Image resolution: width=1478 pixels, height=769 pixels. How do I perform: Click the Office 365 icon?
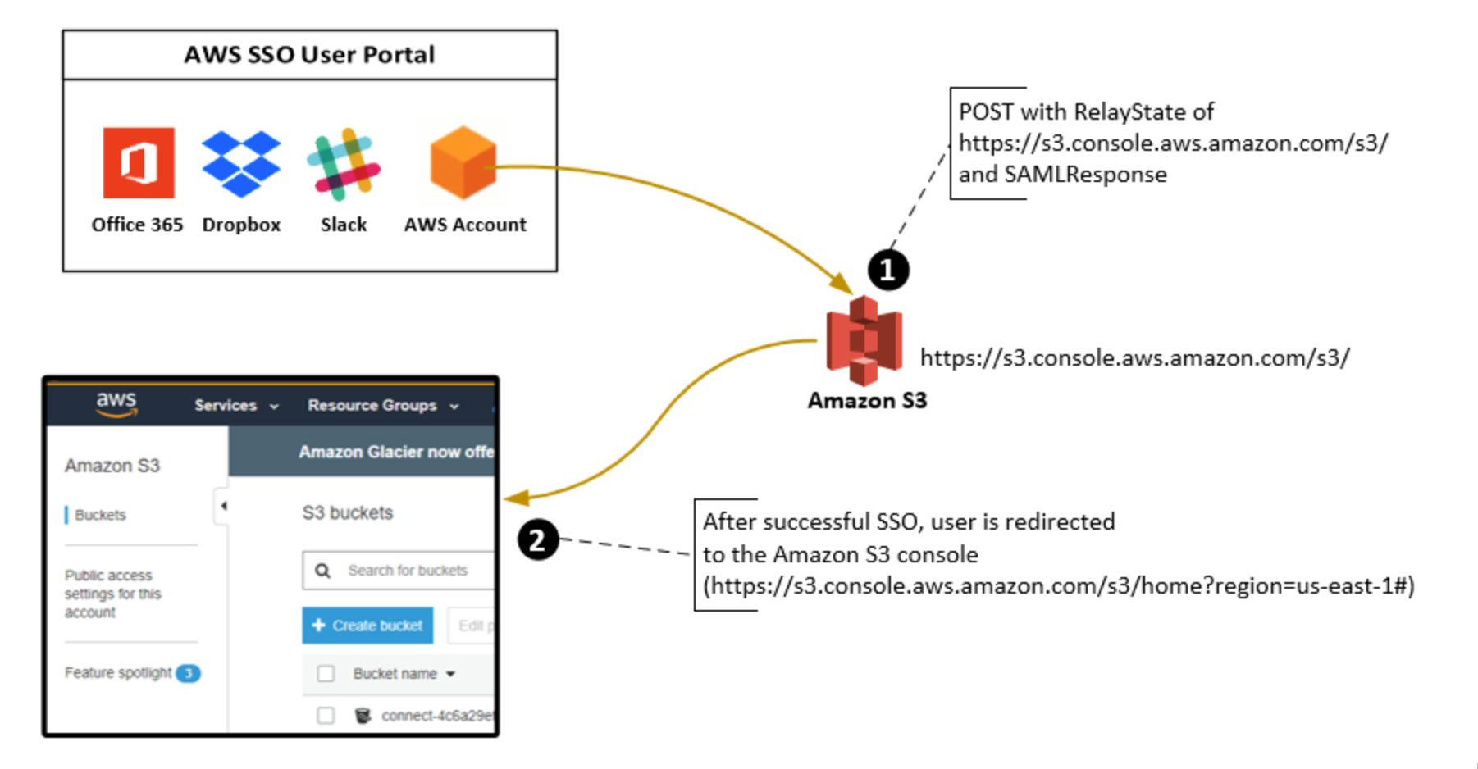138,162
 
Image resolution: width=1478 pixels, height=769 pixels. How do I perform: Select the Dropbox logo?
241,163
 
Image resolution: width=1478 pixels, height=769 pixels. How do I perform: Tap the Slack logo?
343,164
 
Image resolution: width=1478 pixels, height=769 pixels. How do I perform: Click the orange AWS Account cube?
463,162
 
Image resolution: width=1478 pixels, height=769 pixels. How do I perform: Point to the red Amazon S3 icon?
864,340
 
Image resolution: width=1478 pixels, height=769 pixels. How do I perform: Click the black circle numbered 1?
887,270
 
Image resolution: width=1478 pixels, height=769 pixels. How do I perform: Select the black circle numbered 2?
537,540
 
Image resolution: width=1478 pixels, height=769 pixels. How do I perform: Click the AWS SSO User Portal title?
309,55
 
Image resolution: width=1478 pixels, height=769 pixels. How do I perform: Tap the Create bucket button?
367,626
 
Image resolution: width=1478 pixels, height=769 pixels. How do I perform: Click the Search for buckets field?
407,571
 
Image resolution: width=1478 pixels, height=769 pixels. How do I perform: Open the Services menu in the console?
235,405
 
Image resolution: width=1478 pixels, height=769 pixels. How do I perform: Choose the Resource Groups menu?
382,405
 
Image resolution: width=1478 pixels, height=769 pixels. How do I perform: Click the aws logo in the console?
116,403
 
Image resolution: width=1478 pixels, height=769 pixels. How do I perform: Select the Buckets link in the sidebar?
100,515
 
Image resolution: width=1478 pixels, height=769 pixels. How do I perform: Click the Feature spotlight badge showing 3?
188,673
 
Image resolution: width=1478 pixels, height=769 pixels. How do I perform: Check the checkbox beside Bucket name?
326,673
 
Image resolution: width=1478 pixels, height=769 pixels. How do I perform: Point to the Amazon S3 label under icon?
867,400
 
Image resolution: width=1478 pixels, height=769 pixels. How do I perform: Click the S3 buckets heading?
347,512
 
